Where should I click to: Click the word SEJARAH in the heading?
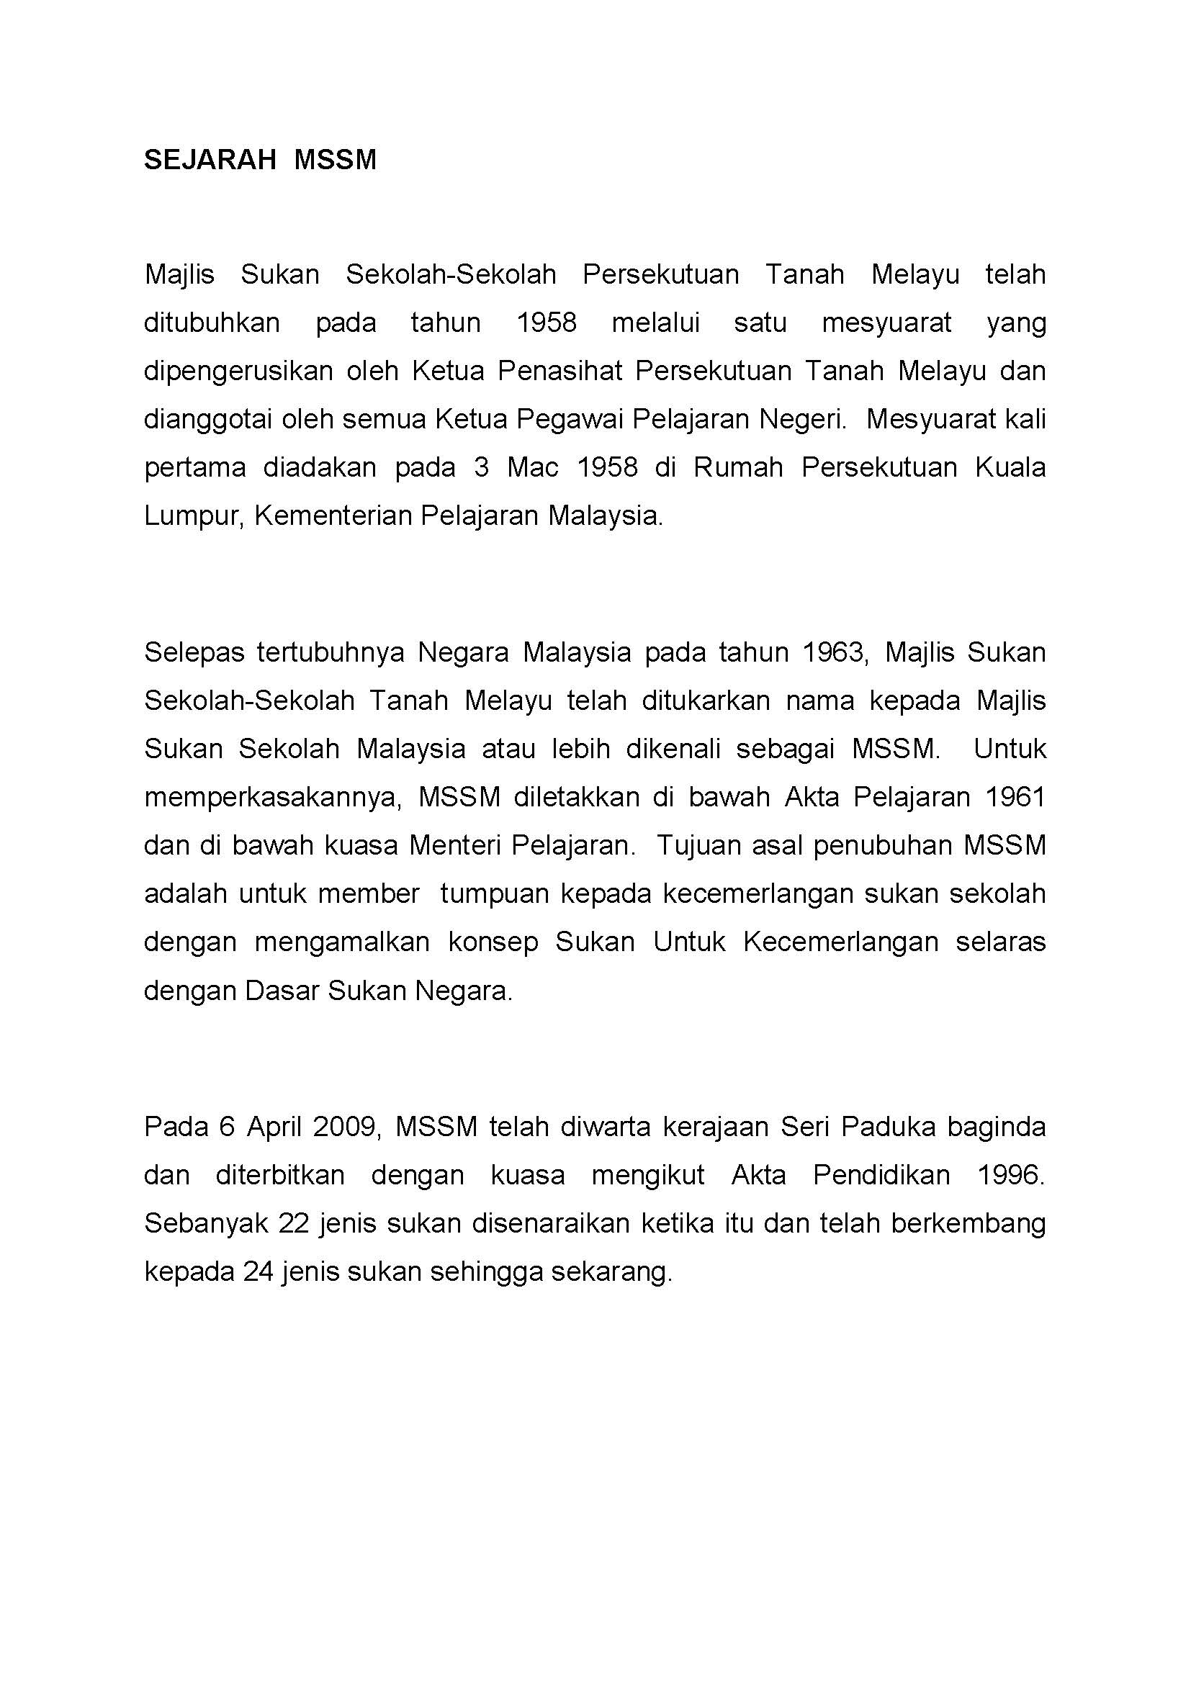[209, 160]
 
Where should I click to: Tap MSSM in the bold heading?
[335, 160]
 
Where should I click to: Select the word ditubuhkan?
[212, 323]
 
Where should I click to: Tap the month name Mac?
[533, 468]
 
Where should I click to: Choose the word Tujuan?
[691, 846]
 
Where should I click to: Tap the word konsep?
[493, 942]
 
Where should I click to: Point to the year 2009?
[348, 1127]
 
